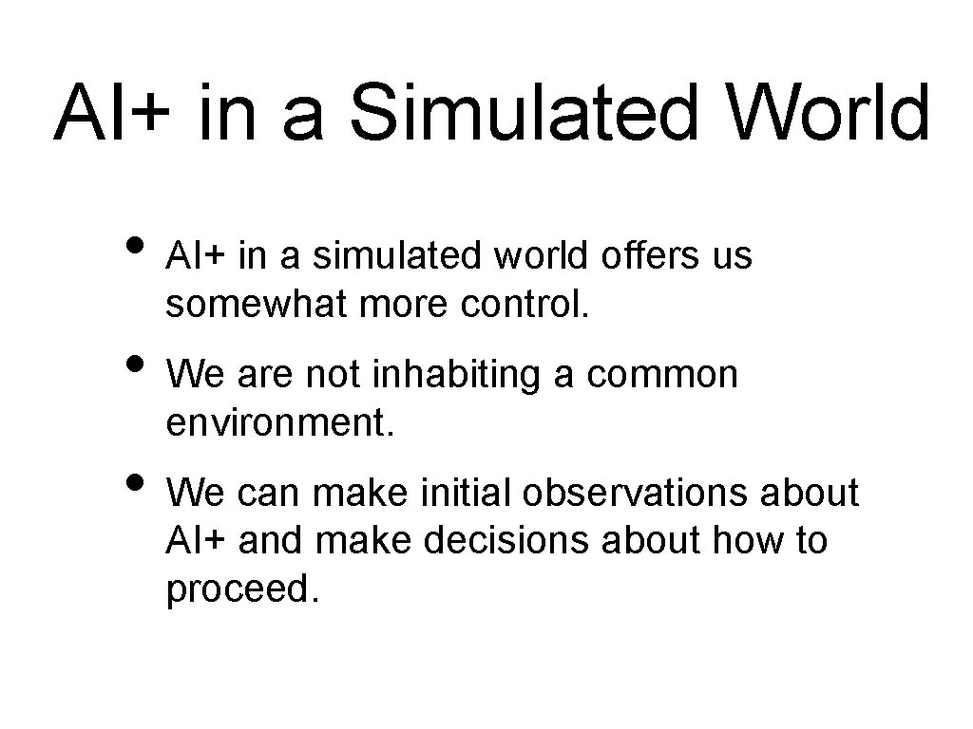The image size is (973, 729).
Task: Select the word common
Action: click(x=662, y=375)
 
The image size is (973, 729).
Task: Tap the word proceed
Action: click(x=238, y=590)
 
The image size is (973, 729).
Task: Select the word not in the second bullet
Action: click(x=334, y=375)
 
